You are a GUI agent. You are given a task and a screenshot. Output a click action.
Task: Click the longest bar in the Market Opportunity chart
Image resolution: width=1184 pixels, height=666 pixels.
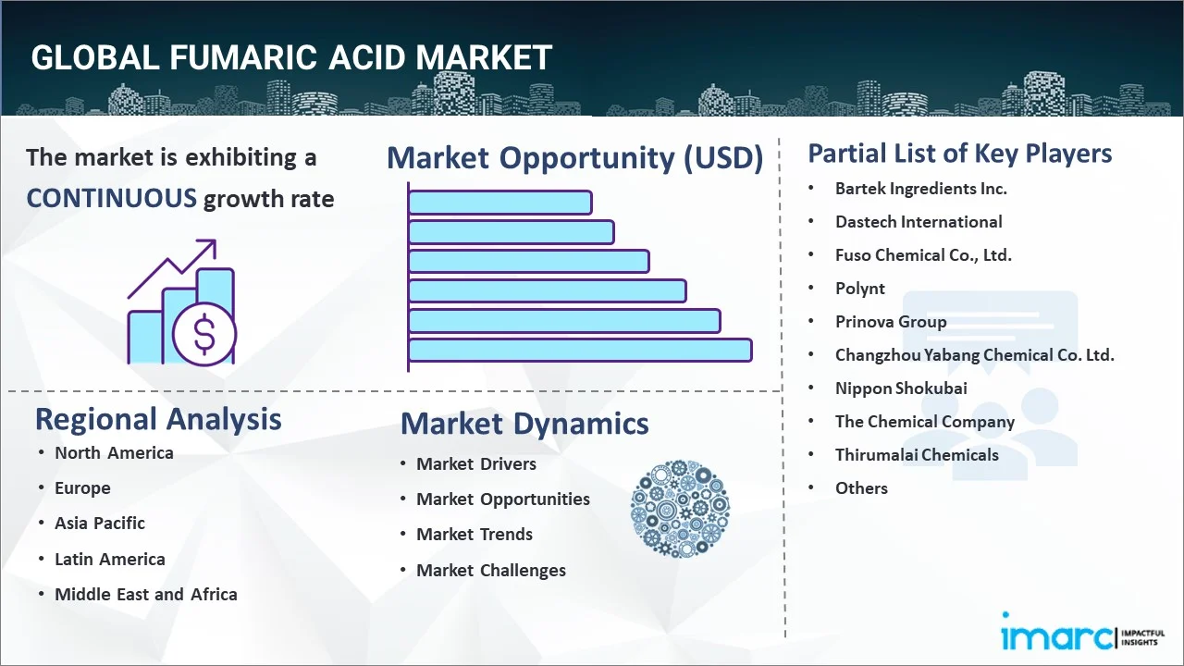(x=580, y=351)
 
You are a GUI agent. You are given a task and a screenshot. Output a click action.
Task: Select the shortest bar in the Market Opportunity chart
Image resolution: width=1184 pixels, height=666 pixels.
(x=500, y=203)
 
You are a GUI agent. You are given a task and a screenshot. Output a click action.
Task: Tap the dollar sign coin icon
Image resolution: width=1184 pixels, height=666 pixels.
(x=204, y=335)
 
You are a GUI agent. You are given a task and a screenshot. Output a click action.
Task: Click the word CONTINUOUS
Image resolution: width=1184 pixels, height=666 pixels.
(x=112, y=199)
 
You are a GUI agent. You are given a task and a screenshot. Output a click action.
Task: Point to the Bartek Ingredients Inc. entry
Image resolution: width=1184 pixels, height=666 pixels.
(x=920, y=189)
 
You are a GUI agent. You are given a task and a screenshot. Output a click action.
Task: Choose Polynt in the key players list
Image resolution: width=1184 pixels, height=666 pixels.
(x=860, y=289)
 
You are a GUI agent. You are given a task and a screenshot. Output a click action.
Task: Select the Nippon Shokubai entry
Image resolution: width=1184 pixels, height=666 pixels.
(x=901, y=388)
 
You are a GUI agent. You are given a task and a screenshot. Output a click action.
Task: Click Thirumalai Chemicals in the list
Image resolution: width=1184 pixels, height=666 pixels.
(x=917, y=455)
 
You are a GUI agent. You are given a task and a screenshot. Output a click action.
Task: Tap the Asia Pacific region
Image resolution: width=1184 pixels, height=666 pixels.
(x=100, y=524)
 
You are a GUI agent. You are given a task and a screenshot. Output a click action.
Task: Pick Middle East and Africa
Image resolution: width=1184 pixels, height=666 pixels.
(x=146, y=594)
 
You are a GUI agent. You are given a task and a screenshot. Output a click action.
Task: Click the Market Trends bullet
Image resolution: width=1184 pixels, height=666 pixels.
(x=475, y=535)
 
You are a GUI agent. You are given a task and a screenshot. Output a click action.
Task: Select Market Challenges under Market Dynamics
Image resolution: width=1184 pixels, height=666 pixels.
(x=491, y=571)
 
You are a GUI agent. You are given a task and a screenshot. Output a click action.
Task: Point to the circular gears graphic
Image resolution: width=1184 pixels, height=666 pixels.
(x=680, y=509)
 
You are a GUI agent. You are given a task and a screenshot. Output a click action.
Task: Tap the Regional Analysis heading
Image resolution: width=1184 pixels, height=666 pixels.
(x=158, y=419)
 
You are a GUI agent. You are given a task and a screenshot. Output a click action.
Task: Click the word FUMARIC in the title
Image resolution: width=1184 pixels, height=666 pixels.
(x=243, y=57)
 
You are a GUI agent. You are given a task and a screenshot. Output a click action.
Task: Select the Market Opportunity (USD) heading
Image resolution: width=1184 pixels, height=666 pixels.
(x=575, y=158)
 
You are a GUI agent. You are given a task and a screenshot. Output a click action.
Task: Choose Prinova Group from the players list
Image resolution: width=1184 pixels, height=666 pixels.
(x=891, y=322)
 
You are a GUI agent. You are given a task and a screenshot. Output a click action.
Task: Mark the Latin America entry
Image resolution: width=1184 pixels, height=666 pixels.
(x=110, y=560)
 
